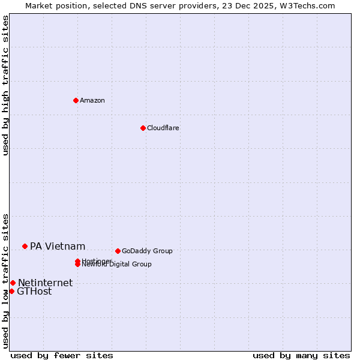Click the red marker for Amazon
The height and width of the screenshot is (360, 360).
[x=76, y=100]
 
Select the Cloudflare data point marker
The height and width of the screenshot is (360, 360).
[x=143, y=128]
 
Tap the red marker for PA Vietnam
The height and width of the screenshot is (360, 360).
[x=25, y=246]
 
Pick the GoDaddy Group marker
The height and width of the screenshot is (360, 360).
[x=118, y=251]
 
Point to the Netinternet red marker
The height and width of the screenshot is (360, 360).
[x=13, y=283]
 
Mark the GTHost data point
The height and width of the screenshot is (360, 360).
[x=11, y=291]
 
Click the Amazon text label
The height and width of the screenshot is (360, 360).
[x=92, y=100]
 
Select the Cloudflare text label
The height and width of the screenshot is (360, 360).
[x=163, y=128]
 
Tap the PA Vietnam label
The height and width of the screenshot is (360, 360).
[x=58, y=246]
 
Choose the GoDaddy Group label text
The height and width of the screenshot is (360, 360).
[x=147, y=251]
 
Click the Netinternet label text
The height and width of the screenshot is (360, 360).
[x=45, y=283]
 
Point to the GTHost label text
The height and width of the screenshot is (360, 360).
[x=34, y=292]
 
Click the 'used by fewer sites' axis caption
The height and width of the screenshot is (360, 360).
[x=62, y=355]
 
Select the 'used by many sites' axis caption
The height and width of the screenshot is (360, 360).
[x=301, y=355]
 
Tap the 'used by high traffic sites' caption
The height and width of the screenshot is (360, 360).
[x=5, y=86]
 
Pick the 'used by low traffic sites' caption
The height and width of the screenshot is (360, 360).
[x=5, y=280]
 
